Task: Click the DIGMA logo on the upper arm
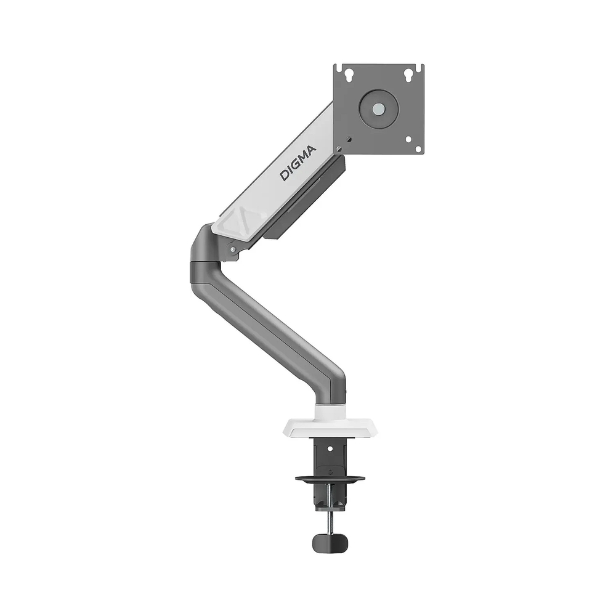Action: [x=298, y=163]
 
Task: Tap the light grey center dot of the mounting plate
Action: [x=378, y=109]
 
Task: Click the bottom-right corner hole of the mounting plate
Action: [x=408, y=139]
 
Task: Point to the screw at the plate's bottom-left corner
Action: [x=349, y=139]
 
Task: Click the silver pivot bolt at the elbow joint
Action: [x=233, y=249]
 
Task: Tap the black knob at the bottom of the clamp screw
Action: [x=330, y=543]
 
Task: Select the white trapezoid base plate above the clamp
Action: [x=330, y=428]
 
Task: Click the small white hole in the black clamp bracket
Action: [x=330, y=448]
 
